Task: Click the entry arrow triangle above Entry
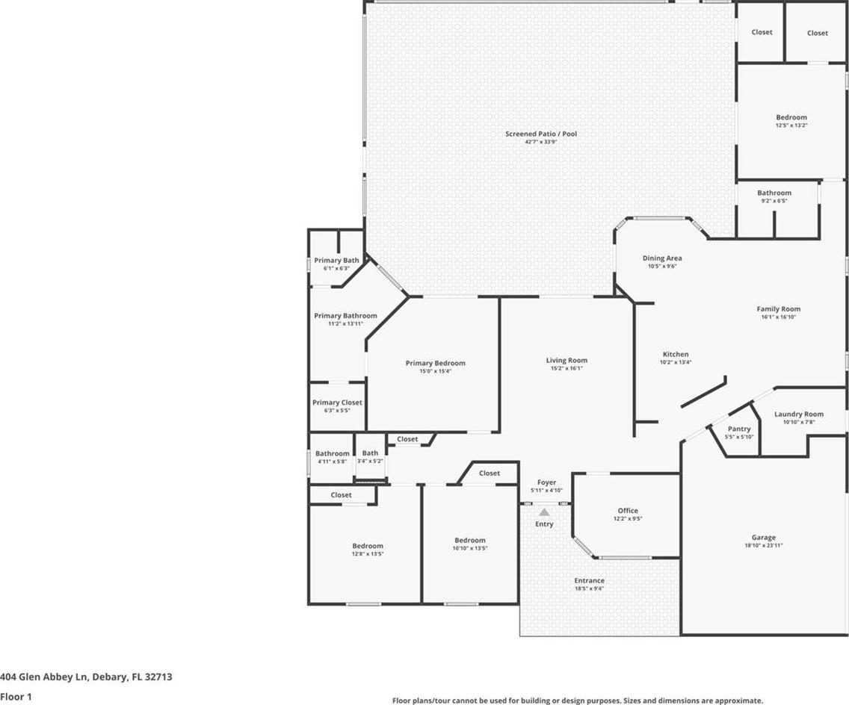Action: point(544,512)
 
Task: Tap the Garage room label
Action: point(764,537)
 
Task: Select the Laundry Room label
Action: point(799,414)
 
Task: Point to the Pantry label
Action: point(739,429)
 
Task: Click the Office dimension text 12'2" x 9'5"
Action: point(628,518)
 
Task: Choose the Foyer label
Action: point(546,482)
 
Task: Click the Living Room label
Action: point(566,360)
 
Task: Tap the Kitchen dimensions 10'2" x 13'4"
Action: point(676,362)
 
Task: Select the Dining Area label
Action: point(662,258)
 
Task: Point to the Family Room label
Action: point(779,309)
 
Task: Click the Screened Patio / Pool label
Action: point(541,134)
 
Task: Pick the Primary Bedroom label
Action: point(435,363)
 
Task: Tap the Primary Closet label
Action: point(337,402)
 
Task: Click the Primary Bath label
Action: point(336,260)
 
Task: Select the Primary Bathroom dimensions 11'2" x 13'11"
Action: point(345,323)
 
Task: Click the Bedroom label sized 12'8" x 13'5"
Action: point(368,546)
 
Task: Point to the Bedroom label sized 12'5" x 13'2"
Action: point(791,117)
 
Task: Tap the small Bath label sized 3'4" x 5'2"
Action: point(371,453)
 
